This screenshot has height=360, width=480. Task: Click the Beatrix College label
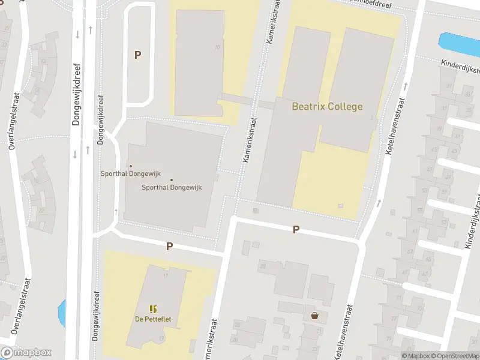pos(327,107)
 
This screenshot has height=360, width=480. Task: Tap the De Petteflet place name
pos(152,319)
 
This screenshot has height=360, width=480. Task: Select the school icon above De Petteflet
pos(152,308)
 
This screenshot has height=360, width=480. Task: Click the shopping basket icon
pos(314,315)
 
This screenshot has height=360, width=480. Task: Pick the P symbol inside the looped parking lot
pos(137,55)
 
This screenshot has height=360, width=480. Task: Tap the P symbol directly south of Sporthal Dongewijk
pos(169,246)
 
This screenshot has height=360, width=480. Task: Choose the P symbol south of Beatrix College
pos(296,229)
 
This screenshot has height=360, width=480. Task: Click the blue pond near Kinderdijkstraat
pos(458,43)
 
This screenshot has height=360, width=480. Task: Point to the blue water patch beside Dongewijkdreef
pos(61,312)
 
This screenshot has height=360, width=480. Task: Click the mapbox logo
pos(26,353)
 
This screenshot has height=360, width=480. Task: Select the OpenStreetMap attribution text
pos(455,356)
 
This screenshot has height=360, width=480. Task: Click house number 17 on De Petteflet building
pos(164,275)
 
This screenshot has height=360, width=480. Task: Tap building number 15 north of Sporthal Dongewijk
pos(217,46)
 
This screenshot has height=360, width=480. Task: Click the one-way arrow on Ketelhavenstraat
pos(379,203)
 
